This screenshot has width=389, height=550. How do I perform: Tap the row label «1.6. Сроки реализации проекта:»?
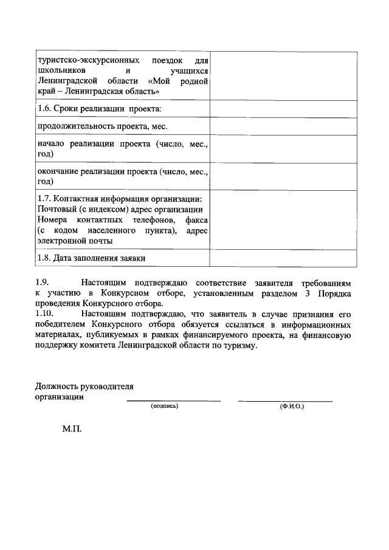coord(99,109)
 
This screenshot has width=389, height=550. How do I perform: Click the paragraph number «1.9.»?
coord(42,283)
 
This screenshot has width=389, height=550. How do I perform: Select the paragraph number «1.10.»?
coord(44,314)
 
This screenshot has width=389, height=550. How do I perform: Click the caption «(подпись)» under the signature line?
coord(165,406)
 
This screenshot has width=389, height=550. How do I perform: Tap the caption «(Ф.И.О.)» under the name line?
coord(292,406)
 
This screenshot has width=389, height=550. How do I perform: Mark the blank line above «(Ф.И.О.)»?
coord(285,400)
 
